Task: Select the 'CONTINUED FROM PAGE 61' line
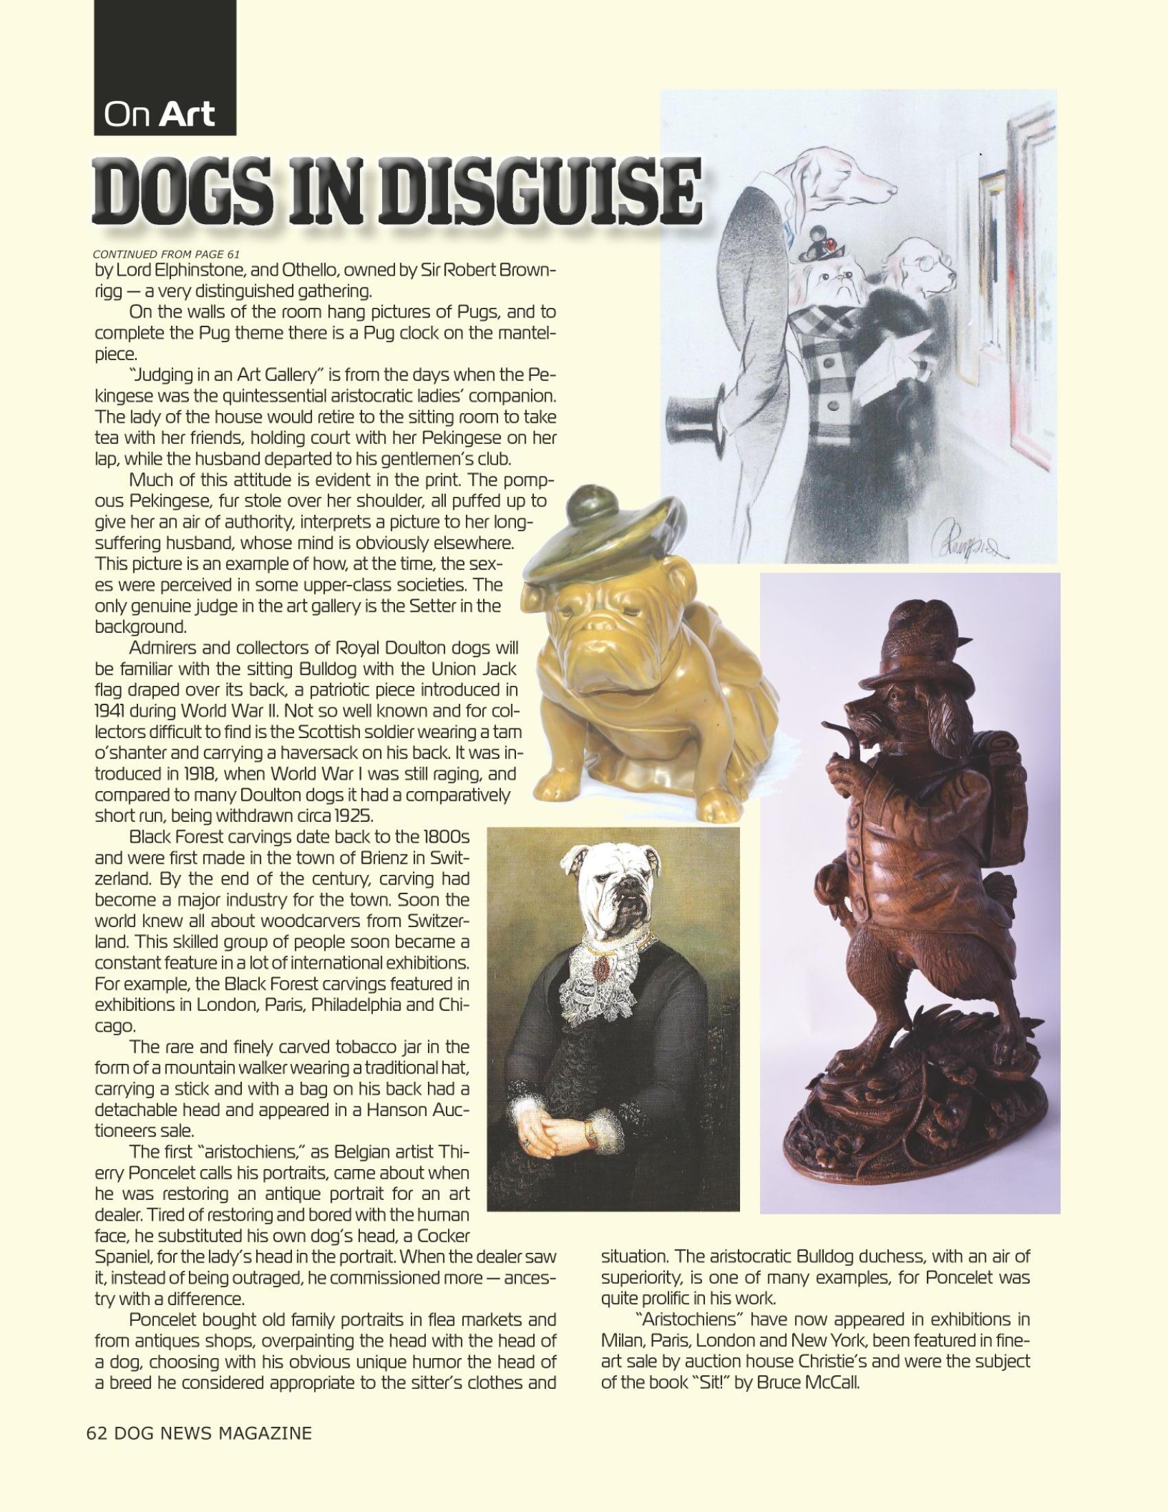coord(166,254)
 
